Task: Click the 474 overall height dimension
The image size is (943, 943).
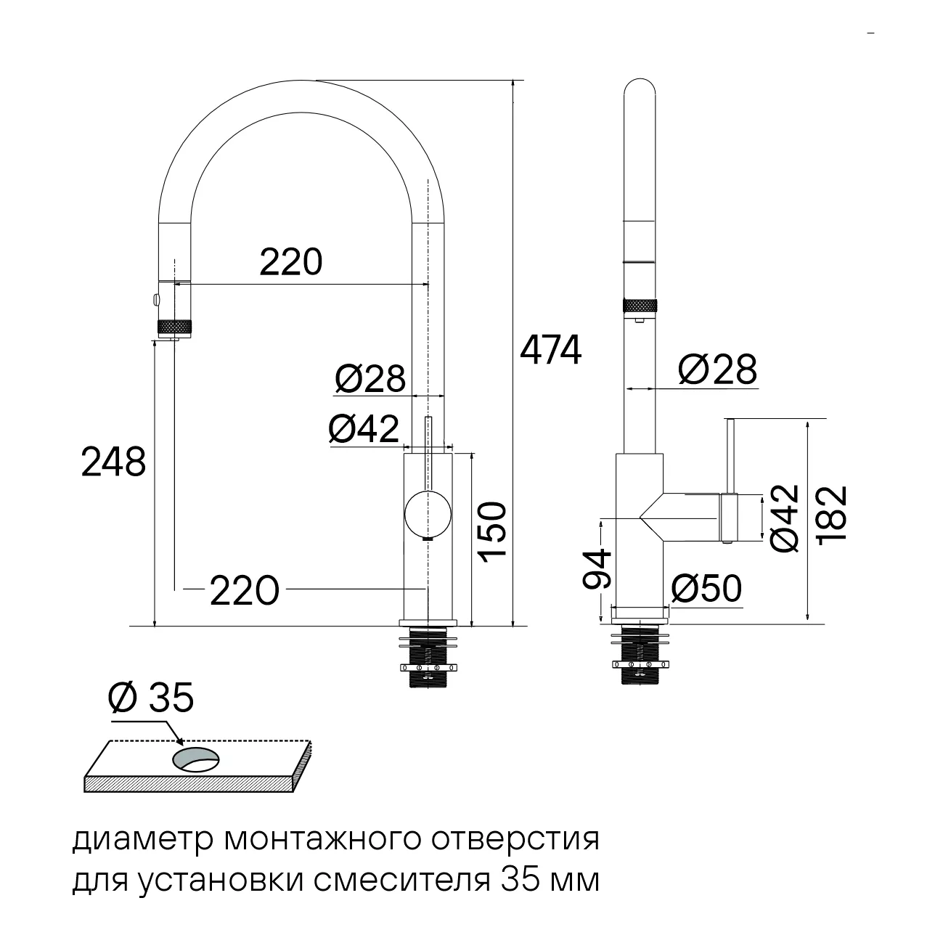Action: click(550, 351)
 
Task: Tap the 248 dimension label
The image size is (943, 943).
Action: click(113, 462)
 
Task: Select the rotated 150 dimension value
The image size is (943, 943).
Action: click(491, 532)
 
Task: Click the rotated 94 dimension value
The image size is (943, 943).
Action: click(597, 569)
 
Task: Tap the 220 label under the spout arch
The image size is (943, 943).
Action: click(290, 262)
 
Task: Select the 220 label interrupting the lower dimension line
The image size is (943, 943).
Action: click(245, 591)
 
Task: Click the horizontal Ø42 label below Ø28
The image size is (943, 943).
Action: click(364, 429)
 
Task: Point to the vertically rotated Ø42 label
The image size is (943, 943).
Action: click(785, 519)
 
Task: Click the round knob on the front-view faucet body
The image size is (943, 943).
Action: click(428, 514)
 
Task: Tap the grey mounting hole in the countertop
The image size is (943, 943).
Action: click(196, 760)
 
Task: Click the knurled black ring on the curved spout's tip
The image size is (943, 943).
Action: click(175, 327)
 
